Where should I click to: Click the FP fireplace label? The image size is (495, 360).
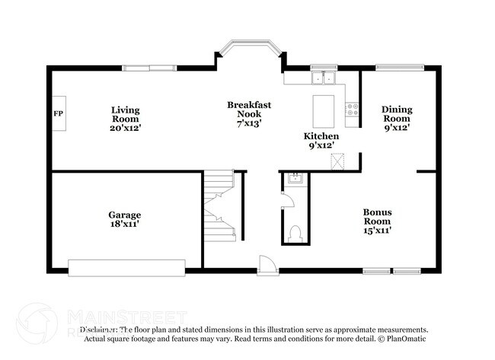[x=57, y=113]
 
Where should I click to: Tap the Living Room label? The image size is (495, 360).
[x=126, y=119]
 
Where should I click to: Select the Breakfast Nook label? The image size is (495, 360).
[x=249, y=113]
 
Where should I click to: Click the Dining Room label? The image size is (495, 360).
[x=396, y=119]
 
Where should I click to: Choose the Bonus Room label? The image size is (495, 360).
[x=378, y=221]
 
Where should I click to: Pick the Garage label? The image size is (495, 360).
[x=124, y=220]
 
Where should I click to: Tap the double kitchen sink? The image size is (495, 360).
[x=324, y=77]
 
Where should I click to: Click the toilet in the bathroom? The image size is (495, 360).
[x=295, y=232]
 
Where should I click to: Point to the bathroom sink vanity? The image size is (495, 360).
[x=295, y=180]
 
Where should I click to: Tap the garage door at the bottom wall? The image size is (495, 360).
[x=126, y=266]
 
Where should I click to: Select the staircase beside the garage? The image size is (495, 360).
[x=218, y=205]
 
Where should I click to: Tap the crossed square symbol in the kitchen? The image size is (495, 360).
[x=337, y=161]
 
